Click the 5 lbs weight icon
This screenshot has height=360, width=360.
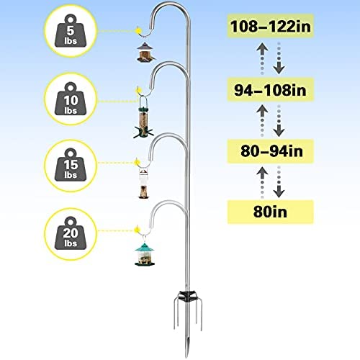pos(71,31)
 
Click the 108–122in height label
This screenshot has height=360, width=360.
pos(271,26)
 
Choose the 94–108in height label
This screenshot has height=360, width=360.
pos(271,90)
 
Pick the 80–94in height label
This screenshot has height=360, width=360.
pos(271,151)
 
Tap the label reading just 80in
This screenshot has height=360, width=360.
pos(271,212)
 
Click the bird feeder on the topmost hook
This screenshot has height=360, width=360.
pos(146,52)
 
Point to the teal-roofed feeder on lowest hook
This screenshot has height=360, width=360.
pos(145,254)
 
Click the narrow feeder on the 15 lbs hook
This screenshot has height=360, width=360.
pos(143,184)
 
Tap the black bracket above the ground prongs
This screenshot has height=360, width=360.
pos(188,295)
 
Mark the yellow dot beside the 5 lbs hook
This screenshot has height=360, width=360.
pos(138,30)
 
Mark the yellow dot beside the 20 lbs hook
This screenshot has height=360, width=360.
pos(137,230)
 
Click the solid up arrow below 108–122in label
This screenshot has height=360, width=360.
pos(262,50)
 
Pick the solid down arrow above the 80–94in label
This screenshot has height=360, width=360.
pos(279,130)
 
